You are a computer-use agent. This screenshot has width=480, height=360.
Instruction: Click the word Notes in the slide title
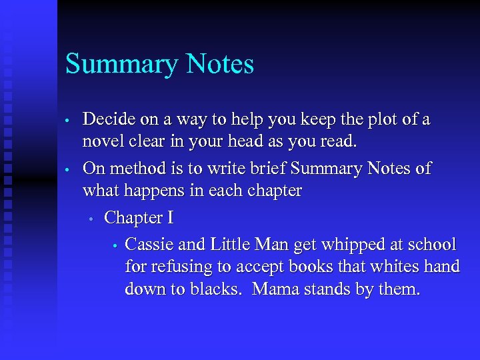click(220, 64)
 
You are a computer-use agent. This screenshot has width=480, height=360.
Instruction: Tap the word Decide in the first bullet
click(109, 120)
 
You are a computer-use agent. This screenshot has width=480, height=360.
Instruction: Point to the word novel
click(103, 142)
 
